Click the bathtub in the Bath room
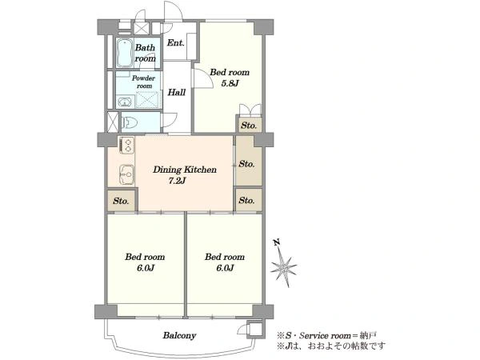(x=125, y=53)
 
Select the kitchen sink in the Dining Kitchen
(x=126, y=174)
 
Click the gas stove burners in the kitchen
(x=127, y=145)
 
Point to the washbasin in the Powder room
(x=124, y=102)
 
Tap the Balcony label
(x=179, y=335)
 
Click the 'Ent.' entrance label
(x=176, y=43)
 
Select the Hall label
(x=177, y=92)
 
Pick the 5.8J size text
(x=230, y=83)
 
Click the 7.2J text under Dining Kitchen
(x=177, y=181)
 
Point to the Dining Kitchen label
(x=185, y=170)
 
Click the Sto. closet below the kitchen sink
(x=121, y=201)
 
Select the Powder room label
(x=143, y=82)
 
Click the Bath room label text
(x=145, y=53)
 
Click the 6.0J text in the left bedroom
(x=146, y=268)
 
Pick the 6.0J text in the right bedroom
(x=226, y=268)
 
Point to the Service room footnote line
(x=326, y=335)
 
